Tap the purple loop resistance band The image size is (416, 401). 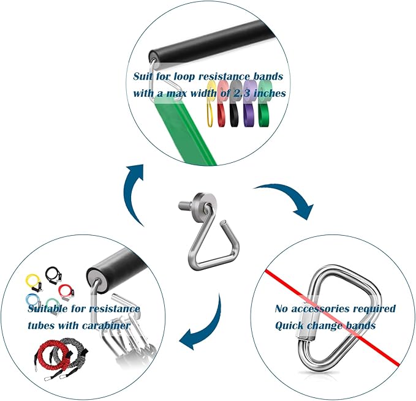pos(250,110)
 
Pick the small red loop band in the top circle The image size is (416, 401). pos(224,112)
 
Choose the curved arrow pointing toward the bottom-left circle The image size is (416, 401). pos(206,324)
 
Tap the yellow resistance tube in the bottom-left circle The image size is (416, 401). pos(32,282)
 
